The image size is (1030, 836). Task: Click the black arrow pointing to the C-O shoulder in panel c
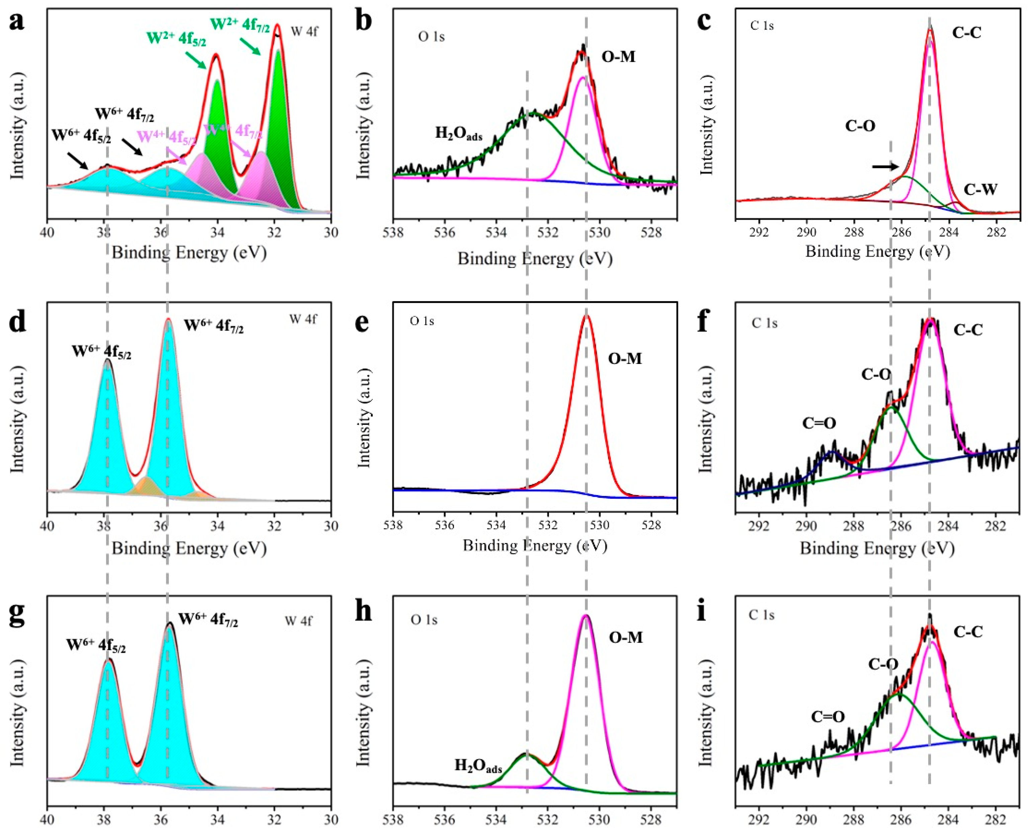coord(885,167)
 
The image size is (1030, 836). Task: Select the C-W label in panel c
coord(980,189)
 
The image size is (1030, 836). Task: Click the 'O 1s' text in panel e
coord(422,321)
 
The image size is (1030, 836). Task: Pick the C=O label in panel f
coord(819,423)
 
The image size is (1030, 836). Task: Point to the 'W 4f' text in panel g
coord(298,621)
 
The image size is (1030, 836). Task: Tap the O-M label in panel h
coord(626,637)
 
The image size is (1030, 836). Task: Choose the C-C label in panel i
coord(968,631)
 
